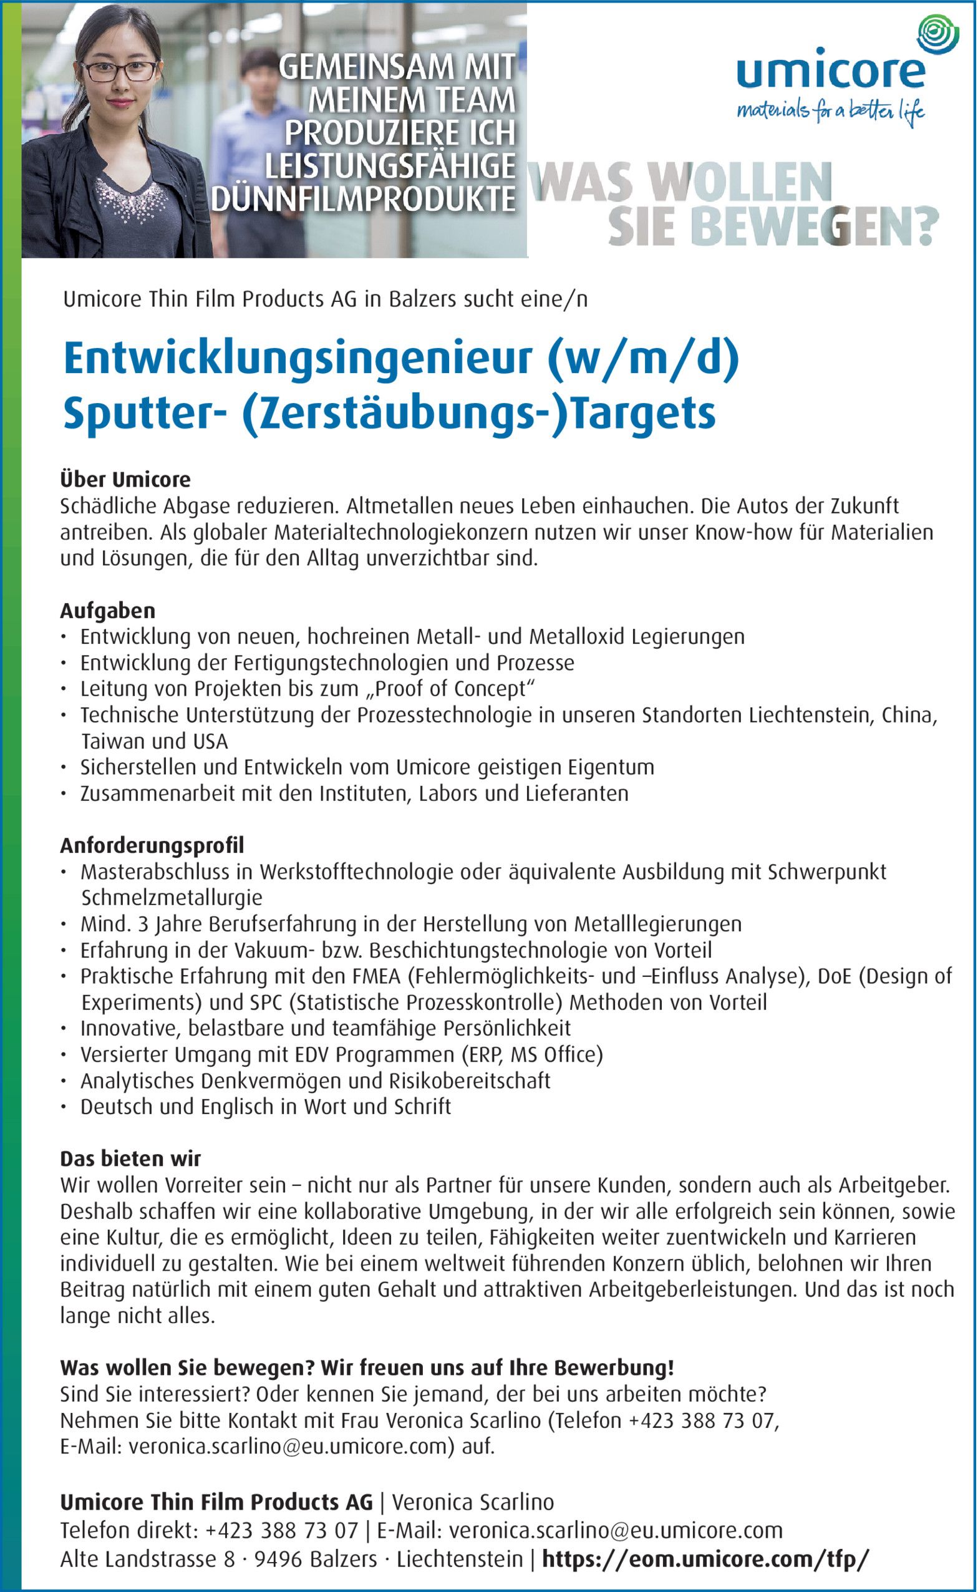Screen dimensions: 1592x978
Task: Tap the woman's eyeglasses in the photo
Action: (120, 70)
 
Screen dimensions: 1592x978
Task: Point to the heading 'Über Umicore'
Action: (125, 479)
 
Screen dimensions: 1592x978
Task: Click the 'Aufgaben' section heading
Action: (107, 610)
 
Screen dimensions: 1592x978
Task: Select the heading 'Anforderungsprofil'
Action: (152, 845)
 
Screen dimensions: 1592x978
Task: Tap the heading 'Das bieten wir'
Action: (130, 1157)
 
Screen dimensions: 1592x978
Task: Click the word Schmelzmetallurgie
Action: (172, 898)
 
